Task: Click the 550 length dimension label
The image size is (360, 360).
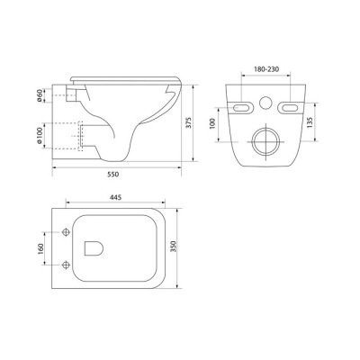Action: [x=113, y=174]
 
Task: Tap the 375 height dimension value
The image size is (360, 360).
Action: [x=188, y=122]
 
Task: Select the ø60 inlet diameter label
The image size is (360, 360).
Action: [x=40, y=95]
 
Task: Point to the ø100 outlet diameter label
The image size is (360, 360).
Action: [x=40, y=136]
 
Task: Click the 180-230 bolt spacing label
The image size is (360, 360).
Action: [x=266, y=69]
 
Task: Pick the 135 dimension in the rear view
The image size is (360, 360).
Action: [x=310, y=122]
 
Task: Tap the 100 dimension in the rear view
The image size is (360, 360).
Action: [x=212, y=123]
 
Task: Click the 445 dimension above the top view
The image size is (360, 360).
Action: [x=115, y=197]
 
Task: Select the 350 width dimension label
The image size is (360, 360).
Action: [x=174, y=247]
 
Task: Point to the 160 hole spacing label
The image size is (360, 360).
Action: [x=40, y=248]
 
